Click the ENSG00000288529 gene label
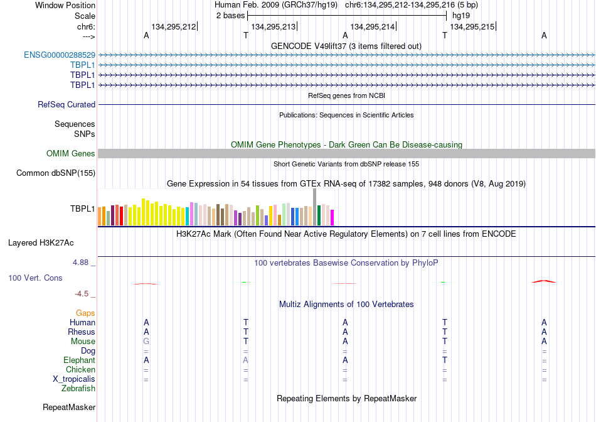pos(60,55)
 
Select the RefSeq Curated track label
pos(67,105)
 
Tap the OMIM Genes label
pos(71,153)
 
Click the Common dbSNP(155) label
pos(56,173)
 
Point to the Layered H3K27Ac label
pos(41,243)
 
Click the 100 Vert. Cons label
pos(35,278)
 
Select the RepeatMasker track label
pos(69,407)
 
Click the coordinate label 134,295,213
pos(274,26)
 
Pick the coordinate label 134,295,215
pos(472,26)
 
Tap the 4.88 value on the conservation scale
pos(80,262)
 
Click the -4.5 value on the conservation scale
pos(82,294)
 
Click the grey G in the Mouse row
pos(146,342)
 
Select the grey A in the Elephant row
pos(245,360)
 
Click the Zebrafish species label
pos(78,389)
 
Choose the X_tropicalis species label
pos(74,379)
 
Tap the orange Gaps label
pos(85,313)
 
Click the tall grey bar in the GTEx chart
pos(315,207)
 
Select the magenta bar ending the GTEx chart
pos(333,218)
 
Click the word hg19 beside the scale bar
pos(461,16)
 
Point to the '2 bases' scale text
pos(231,16)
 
